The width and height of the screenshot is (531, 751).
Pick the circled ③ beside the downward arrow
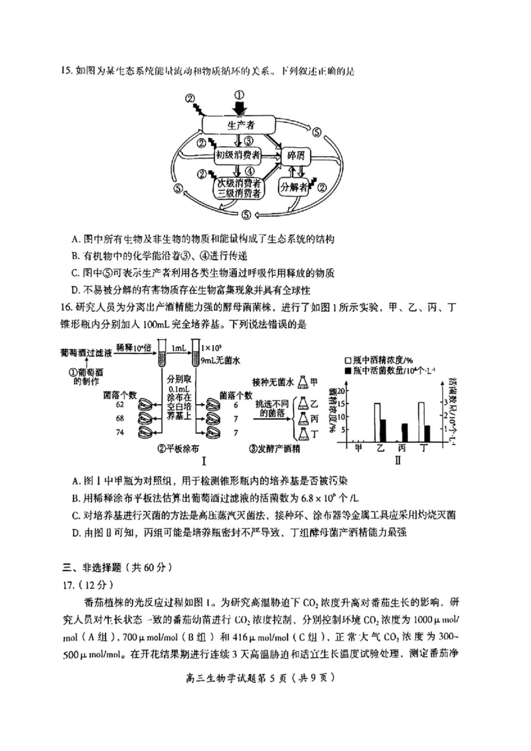point(249,141)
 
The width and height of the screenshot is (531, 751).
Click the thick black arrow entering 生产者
point(240,107)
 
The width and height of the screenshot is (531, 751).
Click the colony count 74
point(120,432)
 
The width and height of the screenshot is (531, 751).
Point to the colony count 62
point(120,403)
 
